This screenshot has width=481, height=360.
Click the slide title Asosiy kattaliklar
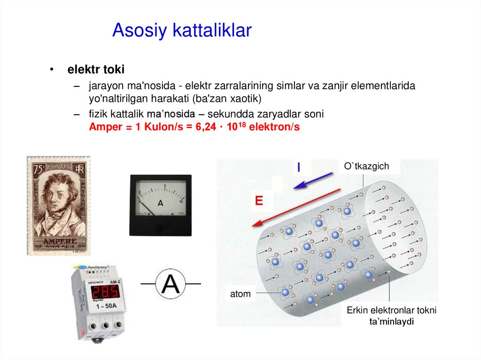click(x=182, y=31)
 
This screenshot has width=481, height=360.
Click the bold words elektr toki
click(x=96, y=70)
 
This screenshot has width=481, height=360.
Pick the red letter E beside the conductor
click(x=258, y=201)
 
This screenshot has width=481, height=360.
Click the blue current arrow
click(x=313, y=181)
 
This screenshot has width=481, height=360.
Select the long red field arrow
click(x=296, y=208)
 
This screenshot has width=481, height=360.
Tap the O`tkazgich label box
click(x=366, y=166)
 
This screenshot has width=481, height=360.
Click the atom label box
click(x=240, y=294)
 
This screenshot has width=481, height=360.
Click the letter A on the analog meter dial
click(x=160, y=203)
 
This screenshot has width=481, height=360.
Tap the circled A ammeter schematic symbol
click(x=171, y=283)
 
